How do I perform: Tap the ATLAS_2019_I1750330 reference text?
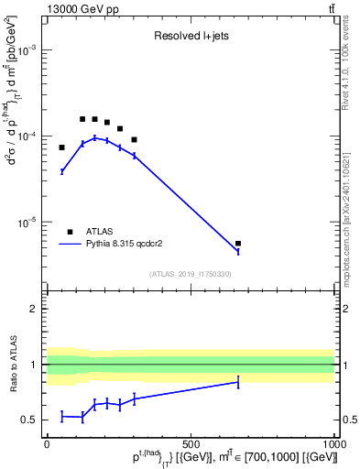[190, 274]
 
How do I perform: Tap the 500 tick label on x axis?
[191, 443]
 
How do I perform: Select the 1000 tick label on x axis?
[333, 443]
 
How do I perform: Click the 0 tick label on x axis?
[47, 443]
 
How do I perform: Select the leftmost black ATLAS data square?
[62, 147]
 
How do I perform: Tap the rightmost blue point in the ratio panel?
[238, 382]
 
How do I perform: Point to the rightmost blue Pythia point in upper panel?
[238, 251]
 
